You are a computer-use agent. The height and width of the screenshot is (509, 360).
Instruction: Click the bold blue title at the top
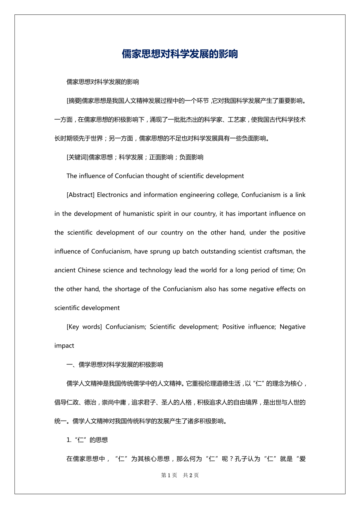(x=180, y=54)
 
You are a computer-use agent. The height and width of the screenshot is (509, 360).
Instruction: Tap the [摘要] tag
(x=74, y=100)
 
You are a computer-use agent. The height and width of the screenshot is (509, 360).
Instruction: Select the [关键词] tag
(x=77, y=157)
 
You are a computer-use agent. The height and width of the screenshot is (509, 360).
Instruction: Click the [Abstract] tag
(x=80, y=195)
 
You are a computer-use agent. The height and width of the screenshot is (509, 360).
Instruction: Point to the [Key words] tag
(x=84, y=326)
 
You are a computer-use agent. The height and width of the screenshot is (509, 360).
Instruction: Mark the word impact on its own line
(x=64, y=346)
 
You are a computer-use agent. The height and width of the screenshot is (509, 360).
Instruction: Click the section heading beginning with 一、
(x=115, y=365)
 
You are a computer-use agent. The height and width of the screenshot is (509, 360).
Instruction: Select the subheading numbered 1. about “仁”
(x=87, y=440)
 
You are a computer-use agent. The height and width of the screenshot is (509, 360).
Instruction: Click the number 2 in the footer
(x=191, y=475)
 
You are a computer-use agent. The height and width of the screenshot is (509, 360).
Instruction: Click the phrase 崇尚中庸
(x=115, y=402)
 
